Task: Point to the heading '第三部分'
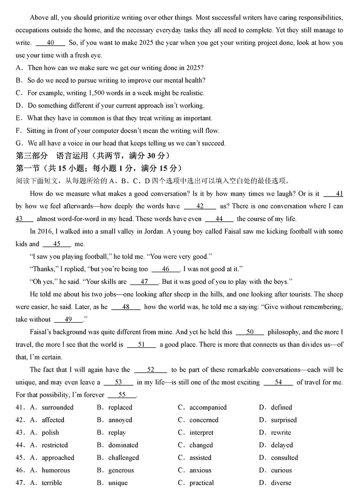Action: pos(31,156)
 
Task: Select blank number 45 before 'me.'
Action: pos(57,244)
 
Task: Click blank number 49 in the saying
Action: pos(68,320)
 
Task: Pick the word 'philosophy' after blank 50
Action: pos(283,332)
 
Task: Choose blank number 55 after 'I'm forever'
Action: pos(122,395)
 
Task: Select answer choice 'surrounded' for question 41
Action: pos(58,408)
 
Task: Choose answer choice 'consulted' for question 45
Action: pos(284,458)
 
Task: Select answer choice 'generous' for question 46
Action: pos(121,471)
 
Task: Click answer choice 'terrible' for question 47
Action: pos(52,483)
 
